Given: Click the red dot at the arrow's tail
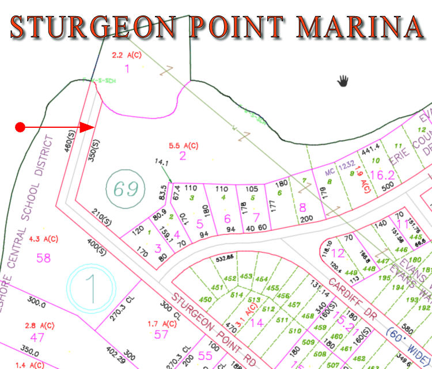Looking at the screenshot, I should click(x=20, y=127).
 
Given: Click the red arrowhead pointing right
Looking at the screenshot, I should click(x=88, y=127).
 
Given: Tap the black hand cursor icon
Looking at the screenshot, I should click(x=344, y=80).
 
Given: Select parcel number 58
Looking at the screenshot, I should click(x=44, y=257).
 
